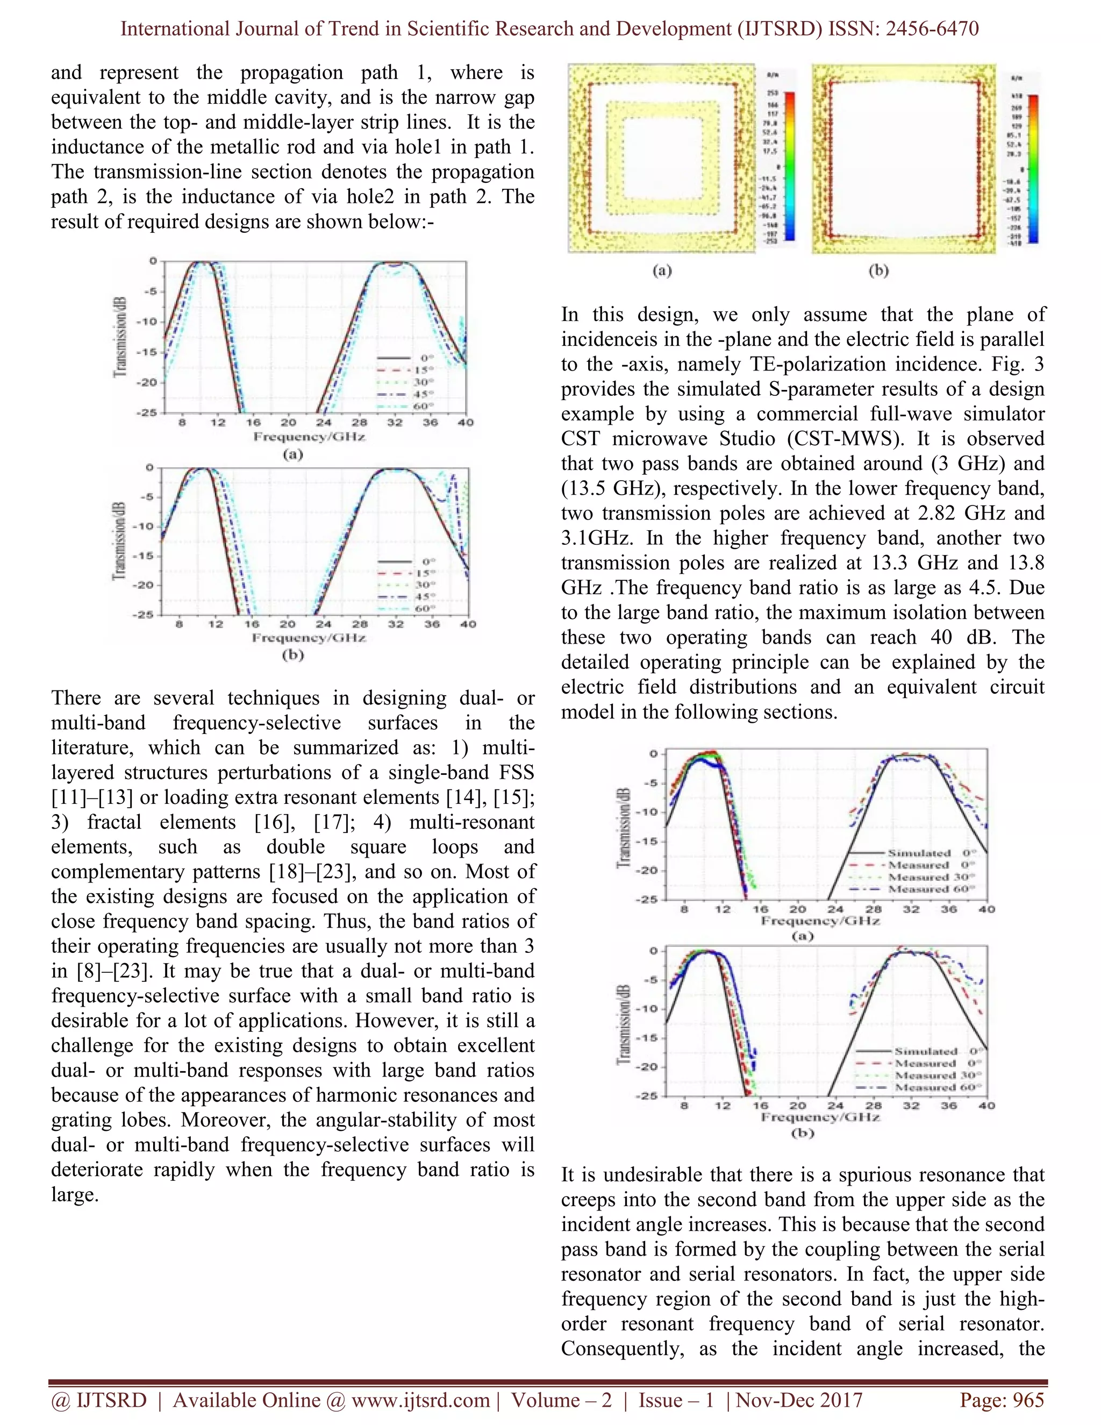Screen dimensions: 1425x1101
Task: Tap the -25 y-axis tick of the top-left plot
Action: click(147, 413)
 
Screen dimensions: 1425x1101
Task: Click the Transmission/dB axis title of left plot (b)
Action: click(119, 541)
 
